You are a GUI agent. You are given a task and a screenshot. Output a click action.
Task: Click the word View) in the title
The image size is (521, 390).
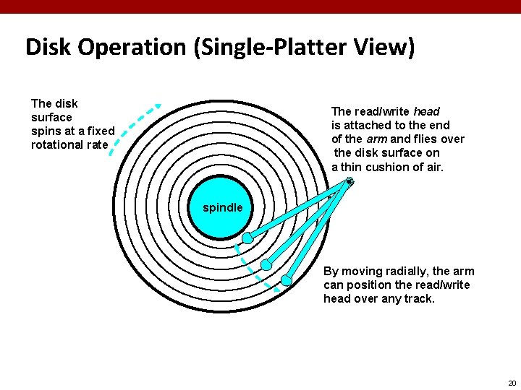coord(386,47)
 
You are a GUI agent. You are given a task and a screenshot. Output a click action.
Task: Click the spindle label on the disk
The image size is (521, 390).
coord(222,207)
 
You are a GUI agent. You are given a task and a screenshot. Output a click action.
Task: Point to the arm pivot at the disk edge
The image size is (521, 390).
coord(350,181)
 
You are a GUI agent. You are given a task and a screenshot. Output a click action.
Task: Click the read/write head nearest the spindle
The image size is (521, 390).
coord(247,238)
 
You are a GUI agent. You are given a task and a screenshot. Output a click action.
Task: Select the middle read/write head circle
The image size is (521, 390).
coord(266,264)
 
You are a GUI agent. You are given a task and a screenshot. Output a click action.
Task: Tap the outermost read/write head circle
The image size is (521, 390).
coord(287,279)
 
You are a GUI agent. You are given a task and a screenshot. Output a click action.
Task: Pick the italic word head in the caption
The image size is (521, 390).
coord(426,111)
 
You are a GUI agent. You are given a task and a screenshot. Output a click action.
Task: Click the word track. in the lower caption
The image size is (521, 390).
coord(419,298)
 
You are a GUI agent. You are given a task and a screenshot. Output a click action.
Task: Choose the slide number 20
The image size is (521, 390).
coord(511,383)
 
